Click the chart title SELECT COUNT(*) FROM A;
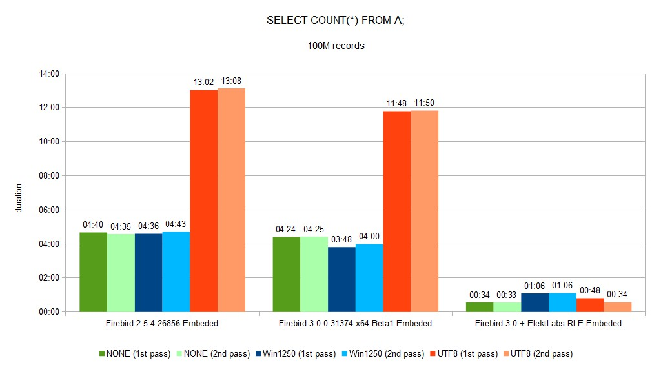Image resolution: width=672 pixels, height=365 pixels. (x=336, y=20)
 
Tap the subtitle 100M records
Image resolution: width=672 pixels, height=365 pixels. (x=336, y=46)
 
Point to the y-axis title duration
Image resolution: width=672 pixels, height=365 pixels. (x=19, y=198)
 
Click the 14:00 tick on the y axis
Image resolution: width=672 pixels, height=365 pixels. (x=49, y=74)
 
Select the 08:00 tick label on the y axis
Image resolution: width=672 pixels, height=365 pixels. (x=49, y=176)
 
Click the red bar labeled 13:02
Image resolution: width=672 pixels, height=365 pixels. (x=203, y=201)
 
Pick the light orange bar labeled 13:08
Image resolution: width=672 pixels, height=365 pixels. (x=232, y=200)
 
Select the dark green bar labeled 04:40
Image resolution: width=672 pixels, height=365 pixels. (x=94, y=272)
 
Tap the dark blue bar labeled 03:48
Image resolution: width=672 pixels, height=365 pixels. (x=341, y=279)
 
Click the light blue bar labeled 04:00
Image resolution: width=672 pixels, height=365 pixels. (x=369, y=278)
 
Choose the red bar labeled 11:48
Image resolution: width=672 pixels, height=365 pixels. (x=397, y=212)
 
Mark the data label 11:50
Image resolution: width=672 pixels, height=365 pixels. (x=424, y=103)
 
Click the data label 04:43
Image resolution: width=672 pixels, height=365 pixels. (x=176, y=224)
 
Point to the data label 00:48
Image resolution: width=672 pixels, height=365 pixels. (x=590, y=291)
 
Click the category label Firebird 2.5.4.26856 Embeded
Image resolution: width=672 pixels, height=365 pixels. (x=162, y=324)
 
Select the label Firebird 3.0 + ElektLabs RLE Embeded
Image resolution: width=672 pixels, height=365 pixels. (x=548, y=324)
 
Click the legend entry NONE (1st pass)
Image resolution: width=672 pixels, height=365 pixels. (x=134, y=354)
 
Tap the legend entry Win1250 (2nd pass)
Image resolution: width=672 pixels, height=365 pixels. (x=383, y=354)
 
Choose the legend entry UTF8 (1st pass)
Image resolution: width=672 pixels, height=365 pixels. (x=463, y=354)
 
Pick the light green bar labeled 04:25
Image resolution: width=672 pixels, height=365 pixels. (x=314, y=274)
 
